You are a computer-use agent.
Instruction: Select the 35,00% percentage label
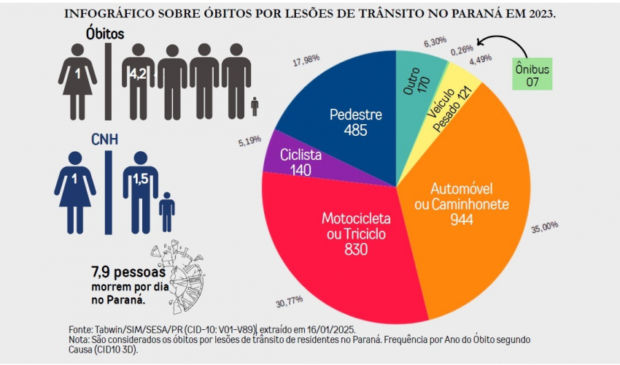545,228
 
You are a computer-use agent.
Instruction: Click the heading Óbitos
105,34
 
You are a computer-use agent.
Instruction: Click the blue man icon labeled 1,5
139,184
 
